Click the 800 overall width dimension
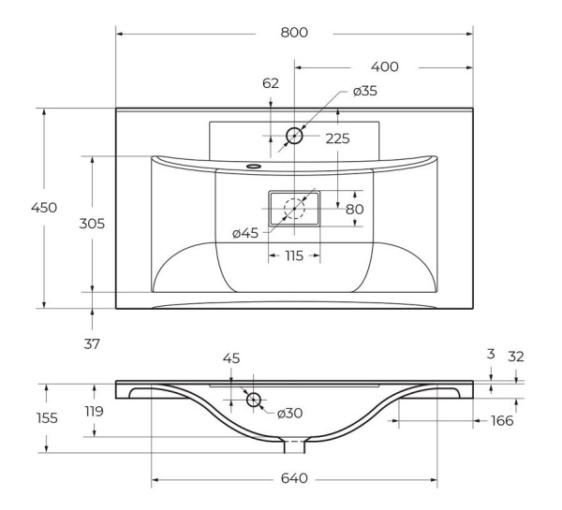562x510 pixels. click(x=293, y=33)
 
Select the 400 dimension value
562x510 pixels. click(x=384, y=67)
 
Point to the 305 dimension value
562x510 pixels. click(x=92, y=224)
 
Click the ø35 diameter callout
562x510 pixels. click(x=365, y=92)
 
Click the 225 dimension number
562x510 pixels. click(x=337, y=138)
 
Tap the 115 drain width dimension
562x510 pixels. click(x=294, y=255)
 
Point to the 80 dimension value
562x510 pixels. click(x=354, y=209)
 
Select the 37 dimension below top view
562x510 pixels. click(x=92, y=343)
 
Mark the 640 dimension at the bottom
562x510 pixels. click(x=294, y=479)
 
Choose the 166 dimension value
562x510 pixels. click(x=502, y=421)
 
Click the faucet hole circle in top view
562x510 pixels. click(x=294, y=136)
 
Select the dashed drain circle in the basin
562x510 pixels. click(x=295, y=208)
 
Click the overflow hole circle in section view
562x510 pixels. click(x=253, y=400)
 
